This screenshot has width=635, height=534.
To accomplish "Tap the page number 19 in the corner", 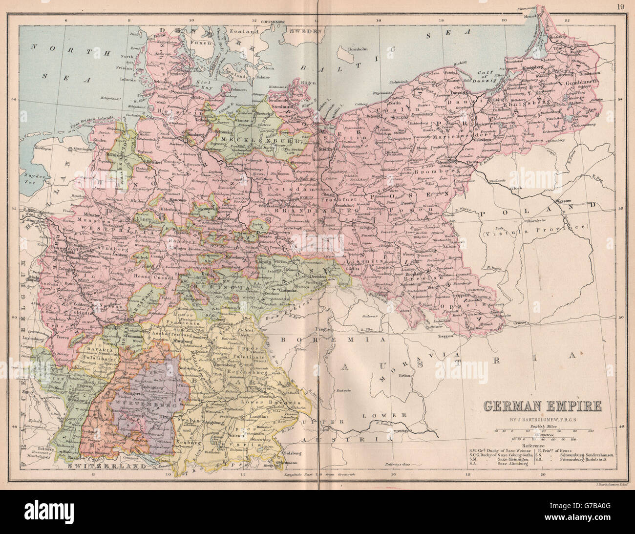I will (x=621, y=6).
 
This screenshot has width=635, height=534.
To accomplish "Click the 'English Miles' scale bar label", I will (x=542, y=427).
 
